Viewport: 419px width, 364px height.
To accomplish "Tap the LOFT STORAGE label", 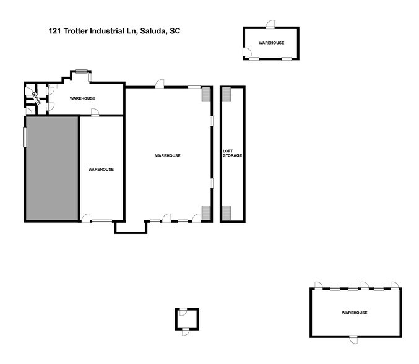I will pos(232,153).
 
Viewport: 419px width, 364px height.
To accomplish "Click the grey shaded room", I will pos(51,168).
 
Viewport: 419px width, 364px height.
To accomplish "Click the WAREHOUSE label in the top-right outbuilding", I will pos(271,43).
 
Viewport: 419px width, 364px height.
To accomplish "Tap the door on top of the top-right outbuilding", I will pos(270,24).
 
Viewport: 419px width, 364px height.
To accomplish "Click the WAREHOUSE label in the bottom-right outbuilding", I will pos(354,313).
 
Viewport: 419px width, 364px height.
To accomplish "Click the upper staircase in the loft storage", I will pos(226,94).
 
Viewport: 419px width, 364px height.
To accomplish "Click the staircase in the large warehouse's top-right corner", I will pos(206,94).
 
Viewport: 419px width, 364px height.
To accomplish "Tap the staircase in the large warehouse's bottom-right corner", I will pos(206,212).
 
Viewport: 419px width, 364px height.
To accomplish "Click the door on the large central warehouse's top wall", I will pos(160,84).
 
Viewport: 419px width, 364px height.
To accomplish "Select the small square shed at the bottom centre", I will pos(186,318).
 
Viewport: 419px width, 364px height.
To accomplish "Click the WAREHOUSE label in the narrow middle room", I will pos(101,169).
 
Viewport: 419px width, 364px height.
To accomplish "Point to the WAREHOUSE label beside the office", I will pos(82,98).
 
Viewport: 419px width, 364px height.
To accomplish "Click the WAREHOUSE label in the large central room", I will pos(167,155).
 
